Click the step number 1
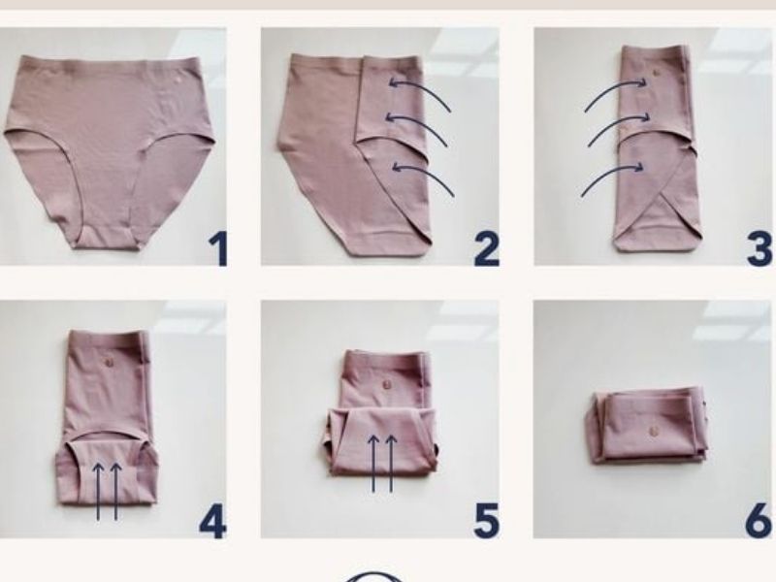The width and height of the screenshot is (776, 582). pyautogui.click(x=217, y=249)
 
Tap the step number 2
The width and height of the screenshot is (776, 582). pyautogui.click(x=487, y=249)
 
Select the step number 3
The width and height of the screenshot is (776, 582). pyautogui.click(x=760, y=249)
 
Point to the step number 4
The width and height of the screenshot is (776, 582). pyautogui.click(x=212, y=522)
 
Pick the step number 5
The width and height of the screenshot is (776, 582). pyautogui.click(x=487, y=522)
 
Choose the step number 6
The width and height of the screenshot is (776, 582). pyautogui.click(x=759, y=522)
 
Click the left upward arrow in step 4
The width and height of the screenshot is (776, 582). pyautogui.click(x=98, y=491)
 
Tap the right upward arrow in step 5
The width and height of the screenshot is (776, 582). pyautogui.click(x=392, y=464)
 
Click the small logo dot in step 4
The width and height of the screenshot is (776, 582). pyautogui.click(x=110, y=362)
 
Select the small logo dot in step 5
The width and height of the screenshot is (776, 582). pyautogui.click(x=386, y=384)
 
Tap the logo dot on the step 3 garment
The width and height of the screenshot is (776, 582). pyautogui.click(x=657, y=72)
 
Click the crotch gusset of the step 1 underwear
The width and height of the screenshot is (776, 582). pyautogui.click(x=103, y=237)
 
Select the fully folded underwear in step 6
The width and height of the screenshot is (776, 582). pyautogui.click(x=647, y=427)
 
